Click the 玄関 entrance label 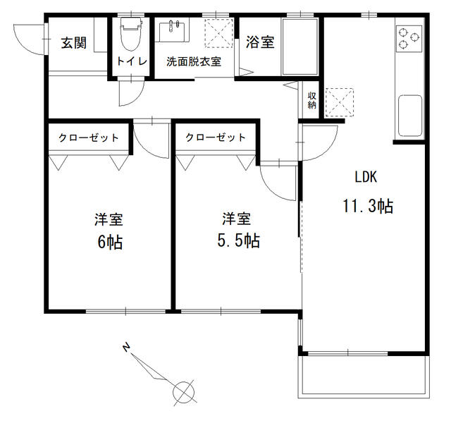pos(73,43)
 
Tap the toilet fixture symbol pos(132,35)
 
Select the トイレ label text pos(132,61)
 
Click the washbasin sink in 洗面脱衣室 pos(173,32)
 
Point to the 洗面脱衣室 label pos(194,61)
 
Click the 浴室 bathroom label pos(260,43)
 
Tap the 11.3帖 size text pos(367,206)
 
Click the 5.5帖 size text pos(237,240)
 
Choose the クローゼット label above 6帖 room pos(88,137)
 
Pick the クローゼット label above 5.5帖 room pos(216,137)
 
